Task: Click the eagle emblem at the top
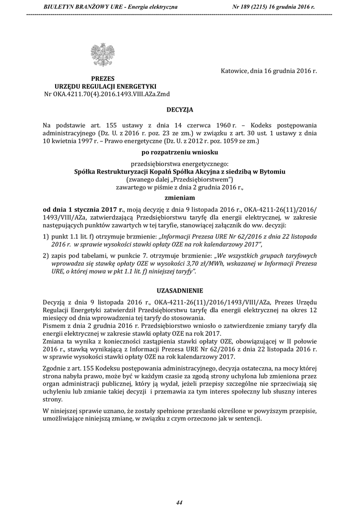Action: (103, 55)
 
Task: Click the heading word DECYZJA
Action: (180, 108)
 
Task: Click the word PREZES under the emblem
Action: (103, 78)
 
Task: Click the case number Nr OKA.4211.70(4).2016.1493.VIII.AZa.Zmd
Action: (103, 93)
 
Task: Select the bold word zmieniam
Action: (180, 196)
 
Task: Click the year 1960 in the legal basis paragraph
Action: (232, 126)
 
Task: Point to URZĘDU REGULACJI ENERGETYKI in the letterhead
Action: (103, 86)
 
